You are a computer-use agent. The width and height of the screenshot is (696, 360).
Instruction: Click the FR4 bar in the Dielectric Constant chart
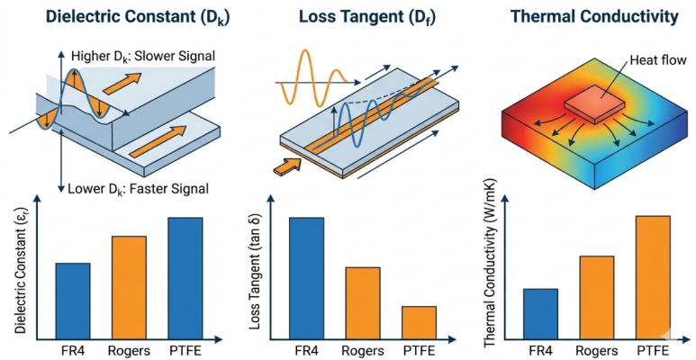point(73,301)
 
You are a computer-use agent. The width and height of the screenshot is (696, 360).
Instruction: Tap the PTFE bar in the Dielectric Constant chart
point(185,278)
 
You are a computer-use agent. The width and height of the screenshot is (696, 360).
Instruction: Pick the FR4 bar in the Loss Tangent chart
point(307,278)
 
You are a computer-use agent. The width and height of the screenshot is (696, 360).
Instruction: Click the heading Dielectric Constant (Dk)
point(138,18)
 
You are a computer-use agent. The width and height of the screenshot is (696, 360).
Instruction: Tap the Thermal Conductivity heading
point(594,17)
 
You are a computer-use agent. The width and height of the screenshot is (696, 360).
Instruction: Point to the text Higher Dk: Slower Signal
point(143,57)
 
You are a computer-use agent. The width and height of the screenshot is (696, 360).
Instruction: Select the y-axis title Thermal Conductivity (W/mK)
point(490,265)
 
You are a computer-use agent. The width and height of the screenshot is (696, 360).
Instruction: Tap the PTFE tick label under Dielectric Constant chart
point(185,350)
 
